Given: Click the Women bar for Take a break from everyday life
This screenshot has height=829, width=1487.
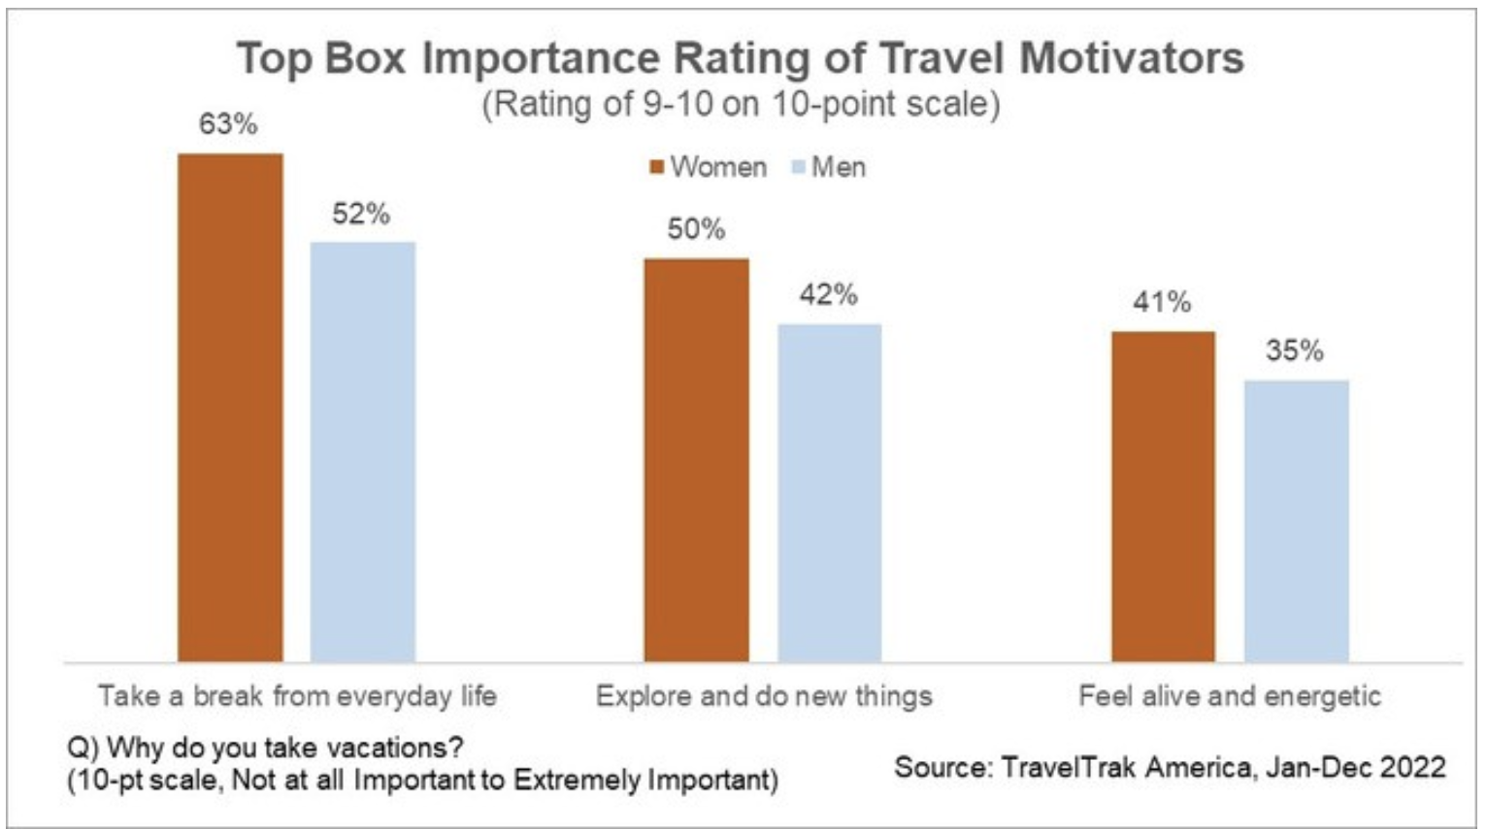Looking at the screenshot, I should pos(230,408).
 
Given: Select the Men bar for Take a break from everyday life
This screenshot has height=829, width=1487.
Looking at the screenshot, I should pos(362,451).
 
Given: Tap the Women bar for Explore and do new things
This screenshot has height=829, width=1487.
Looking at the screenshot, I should pos(696,460).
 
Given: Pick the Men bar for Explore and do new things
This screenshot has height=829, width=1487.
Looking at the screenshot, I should pos(829,493).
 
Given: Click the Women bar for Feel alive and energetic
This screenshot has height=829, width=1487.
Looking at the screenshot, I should pos(1163,497).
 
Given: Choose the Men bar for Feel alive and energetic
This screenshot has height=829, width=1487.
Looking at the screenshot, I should pos(1296,521).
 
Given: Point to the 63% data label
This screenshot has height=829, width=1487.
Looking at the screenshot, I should pos(228,124).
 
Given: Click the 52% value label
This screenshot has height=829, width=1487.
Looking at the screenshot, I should pos(361,214).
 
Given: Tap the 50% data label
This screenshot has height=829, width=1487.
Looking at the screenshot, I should pos(696,229).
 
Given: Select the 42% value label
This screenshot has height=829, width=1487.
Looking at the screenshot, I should pos(828,294).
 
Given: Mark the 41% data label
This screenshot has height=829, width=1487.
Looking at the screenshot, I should pos(1162,302).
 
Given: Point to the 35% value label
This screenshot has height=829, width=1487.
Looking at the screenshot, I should pos(1295,350).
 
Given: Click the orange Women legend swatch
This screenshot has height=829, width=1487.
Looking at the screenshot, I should pos(657,168).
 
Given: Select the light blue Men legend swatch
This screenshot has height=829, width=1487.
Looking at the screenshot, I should pos(799,168).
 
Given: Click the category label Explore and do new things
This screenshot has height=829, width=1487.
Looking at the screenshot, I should pos(764,696).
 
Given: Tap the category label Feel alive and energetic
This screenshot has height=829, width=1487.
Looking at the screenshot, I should pos(1230,696).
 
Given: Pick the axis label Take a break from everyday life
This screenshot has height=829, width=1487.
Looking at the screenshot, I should pos(297,696).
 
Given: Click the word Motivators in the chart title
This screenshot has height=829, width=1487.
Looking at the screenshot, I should pos(1132,58).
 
